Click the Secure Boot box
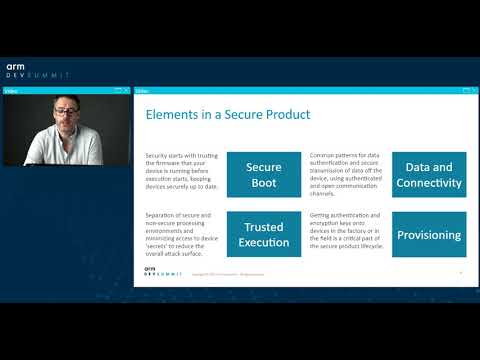(264, 175)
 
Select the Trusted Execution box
(264, 234)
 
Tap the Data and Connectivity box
(428, 175)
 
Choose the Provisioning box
(428, 235)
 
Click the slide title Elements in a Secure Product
(228, 115)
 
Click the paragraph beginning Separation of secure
(181, 234)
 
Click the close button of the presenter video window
(127, 90)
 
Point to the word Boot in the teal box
(264, 183)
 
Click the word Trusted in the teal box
(264, 227)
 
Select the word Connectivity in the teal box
(428, 183)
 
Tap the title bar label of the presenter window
(11, 90)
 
